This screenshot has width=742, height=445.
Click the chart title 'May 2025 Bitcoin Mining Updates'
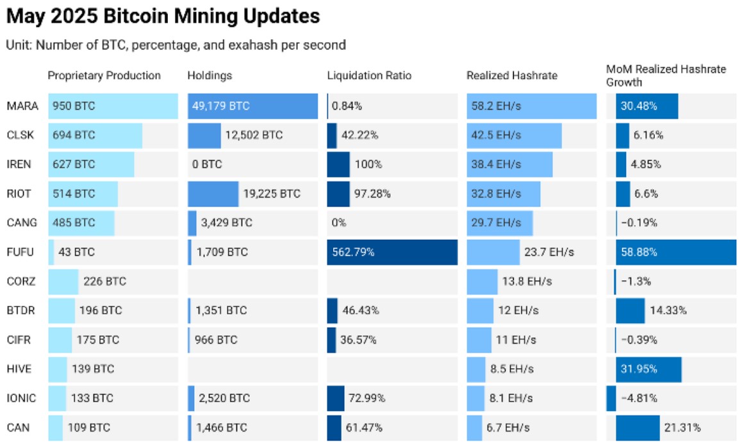point(163,16)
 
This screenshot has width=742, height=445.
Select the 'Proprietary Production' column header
point(104,76)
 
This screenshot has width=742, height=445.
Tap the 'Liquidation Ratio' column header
point(369,76)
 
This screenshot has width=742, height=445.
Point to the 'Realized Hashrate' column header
point(512,76)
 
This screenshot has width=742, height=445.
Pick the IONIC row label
point(22,398)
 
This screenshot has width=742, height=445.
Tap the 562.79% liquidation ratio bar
point(392,252)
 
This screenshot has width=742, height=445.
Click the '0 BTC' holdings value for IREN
point(207,165)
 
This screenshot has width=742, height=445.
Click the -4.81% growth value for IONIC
point(641,398)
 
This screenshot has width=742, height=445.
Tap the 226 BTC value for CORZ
point(104,281)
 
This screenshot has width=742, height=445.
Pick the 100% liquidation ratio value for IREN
point(368,165)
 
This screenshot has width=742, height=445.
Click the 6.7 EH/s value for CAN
point(509,428)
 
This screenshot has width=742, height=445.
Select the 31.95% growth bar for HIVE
point(648,369)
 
